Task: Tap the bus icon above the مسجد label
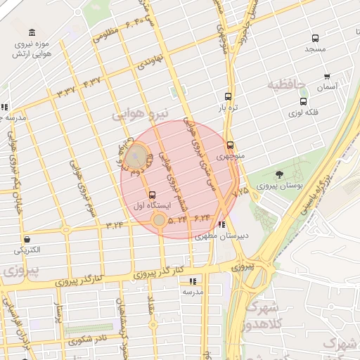[x=314, y=39]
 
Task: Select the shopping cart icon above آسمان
[x=327, y=77]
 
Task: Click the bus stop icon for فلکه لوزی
[x=303, y=101]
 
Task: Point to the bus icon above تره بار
[x=228, y=96]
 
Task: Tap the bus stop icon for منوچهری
[x=230, y=145]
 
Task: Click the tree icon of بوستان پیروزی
[x=280, y=174]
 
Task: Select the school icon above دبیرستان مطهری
[x=223, y=226]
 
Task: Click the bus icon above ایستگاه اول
[x=153, y=194]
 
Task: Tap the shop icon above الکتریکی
[x=27, y=239]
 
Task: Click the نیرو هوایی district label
[x=141, y=112]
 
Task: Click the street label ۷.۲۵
[x=240, y=191]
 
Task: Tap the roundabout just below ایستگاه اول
[x=160, y=220]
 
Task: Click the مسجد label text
[x=314, y=51]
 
